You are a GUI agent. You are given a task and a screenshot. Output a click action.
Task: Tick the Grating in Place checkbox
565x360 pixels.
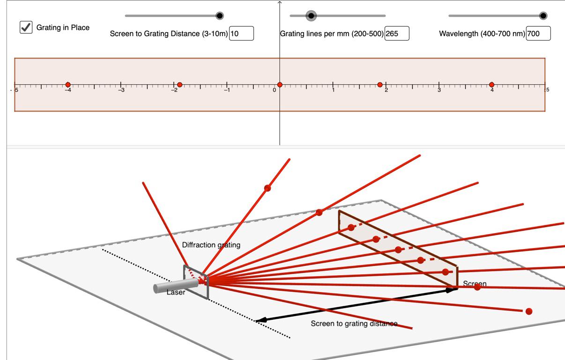(x=26, y=27)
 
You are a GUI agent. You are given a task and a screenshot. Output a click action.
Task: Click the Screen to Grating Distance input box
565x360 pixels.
(x=241, y=33)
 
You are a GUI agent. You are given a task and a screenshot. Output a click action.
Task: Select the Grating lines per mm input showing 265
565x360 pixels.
(x=397, y=33)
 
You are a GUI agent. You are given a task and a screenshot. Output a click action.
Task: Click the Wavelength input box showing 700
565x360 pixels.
(x=538, y=33)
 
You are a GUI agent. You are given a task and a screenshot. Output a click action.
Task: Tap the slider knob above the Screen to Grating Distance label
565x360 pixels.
(x=220, y=16)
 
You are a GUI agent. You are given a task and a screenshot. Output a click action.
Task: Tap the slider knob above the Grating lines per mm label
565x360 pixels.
(x=311, y=16)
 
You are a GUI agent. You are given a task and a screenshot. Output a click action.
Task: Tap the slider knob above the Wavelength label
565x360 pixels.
(x=543, y=16)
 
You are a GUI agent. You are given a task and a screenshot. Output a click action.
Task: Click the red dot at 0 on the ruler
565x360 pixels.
(x=280, y=85)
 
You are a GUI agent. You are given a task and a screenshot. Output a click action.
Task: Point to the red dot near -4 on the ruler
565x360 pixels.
(x=68, y=85)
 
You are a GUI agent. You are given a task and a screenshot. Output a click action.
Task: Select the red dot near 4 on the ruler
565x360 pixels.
(x=491, y=85)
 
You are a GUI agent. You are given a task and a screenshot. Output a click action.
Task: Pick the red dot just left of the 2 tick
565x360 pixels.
(x=380, y=85)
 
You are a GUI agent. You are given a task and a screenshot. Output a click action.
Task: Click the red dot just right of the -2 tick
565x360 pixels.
(x=179, y=85)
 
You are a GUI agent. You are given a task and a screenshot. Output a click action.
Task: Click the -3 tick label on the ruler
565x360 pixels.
(x=121, y=90)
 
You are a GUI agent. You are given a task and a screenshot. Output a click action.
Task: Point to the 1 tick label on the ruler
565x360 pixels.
(x=333, y=90)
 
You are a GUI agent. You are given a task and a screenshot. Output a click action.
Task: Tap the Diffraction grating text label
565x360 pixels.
(x=211, y=245)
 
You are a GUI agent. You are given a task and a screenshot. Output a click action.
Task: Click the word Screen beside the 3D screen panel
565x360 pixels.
(x=475, y=284)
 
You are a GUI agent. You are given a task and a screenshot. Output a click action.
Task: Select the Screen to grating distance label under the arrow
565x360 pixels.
(x=354, y=323)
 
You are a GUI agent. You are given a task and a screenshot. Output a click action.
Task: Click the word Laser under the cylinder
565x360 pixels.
(x=176, y=293)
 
